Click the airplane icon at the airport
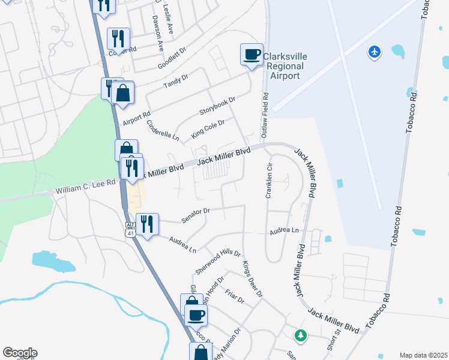[x=375, y=52]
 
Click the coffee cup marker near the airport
[x=252, y=55]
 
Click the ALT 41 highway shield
[x=130, y=229]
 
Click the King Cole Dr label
[x=208, y=129]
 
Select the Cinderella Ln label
[x=163, y=130]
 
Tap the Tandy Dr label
[x=176, y=83]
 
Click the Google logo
[x=20, y=352]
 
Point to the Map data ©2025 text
[x=423, y=355]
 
